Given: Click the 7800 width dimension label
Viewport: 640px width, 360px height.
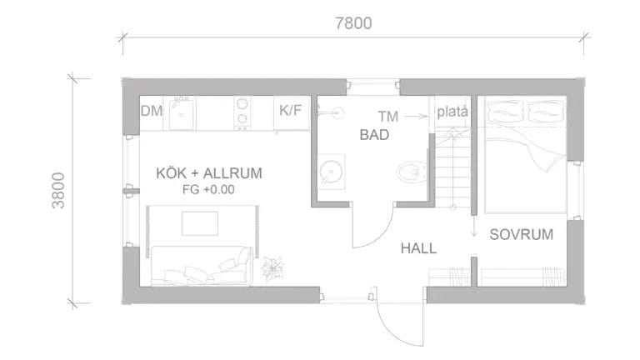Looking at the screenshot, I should tap(352, 23).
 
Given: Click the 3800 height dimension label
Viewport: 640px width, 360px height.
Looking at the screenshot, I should tap(57, 191).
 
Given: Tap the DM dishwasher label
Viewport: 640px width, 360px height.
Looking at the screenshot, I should tap(151, 111).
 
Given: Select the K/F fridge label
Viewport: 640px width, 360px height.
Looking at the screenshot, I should tap(291, 111).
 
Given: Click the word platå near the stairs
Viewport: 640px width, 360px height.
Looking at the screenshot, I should tap(454, 111).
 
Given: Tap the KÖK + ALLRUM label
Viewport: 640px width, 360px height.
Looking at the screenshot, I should tap(209, 173).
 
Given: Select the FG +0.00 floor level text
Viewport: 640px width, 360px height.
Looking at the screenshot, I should tap(208, 189).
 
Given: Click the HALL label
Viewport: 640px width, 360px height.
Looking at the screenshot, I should tap(418, 247).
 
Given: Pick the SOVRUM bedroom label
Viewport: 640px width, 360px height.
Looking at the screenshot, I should tap(521, 234).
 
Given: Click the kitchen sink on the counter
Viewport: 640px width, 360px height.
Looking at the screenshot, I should tap(182, 112).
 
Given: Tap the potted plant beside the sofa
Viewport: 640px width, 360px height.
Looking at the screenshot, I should tap(271, 268).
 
